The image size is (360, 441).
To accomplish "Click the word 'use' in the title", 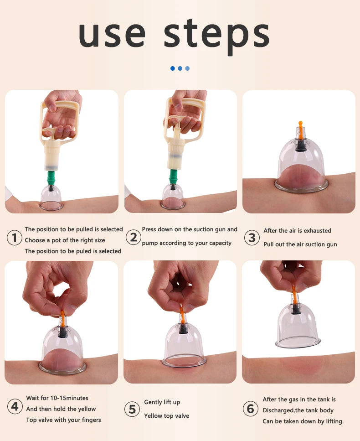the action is [x=112, y=35].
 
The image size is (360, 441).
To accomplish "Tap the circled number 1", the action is [x=14, y=238].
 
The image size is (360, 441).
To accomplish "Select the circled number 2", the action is [x=133, y=237].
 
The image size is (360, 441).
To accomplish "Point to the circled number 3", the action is [x=252, y=238].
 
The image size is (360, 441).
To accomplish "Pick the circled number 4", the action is [x=15, y=406].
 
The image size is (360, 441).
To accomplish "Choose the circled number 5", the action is [x=132, y=409].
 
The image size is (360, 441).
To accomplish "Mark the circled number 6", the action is [x=250, y=409].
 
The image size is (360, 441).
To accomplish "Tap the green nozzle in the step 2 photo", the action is [x=173, y=176].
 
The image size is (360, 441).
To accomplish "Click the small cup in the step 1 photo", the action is [x=51, y=198].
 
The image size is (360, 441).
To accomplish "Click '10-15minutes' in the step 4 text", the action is [x=69, y=398].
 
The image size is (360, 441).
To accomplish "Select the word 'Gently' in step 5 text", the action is [x=153, y=403].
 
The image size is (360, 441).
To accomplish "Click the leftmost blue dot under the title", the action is [x=173, y=68].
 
